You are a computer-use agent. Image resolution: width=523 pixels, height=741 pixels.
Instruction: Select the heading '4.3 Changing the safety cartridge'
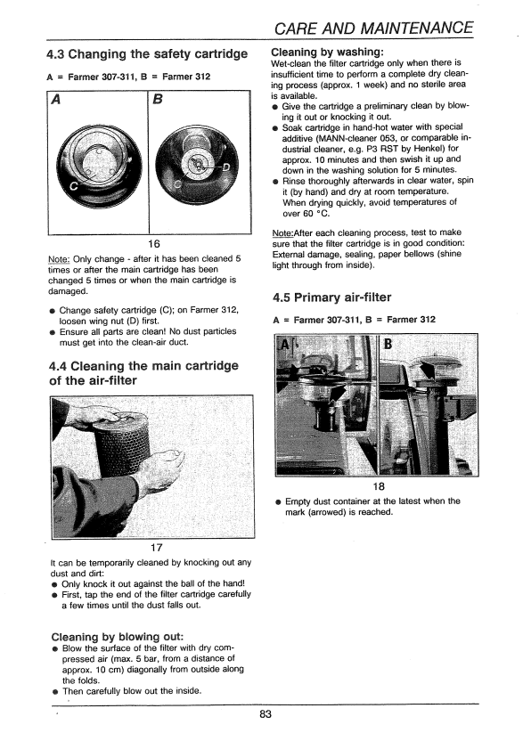147,54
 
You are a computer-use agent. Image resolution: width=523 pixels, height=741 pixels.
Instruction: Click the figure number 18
379,486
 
